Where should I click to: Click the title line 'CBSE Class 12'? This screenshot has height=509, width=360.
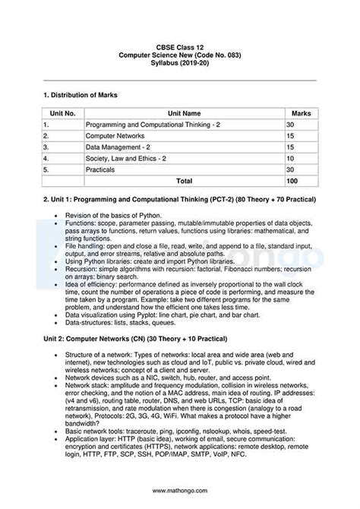(x=180, y=47)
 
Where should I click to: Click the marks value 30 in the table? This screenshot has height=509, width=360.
(x=290, y=124)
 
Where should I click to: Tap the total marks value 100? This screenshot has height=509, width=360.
(x=292, y=182)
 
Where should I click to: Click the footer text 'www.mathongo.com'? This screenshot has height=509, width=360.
(x=180, y=490)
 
